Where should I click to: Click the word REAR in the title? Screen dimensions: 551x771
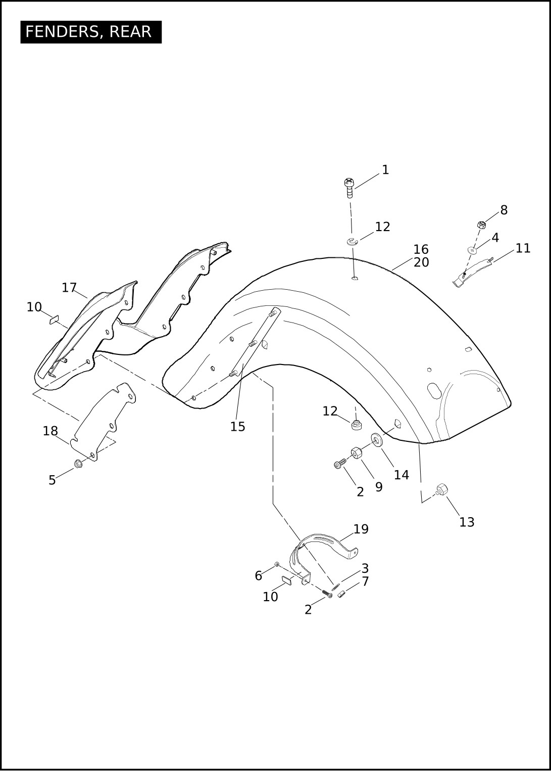130,32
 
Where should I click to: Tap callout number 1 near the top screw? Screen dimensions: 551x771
385,170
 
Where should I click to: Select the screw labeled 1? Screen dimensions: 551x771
349,188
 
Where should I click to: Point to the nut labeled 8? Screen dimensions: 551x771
482,225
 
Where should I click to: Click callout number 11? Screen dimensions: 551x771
523,248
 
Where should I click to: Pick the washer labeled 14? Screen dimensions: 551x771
378,440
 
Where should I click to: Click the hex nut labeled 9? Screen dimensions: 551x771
356,453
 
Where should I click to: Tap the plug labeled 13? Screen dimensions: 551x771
441,488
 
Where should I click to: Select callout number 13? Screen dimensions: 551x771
467,522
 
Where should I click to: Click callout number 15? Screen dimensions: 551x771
237,427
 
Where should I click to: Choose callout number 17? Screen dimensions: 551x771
69,287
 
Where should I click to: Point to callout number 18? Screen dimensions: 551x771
50,431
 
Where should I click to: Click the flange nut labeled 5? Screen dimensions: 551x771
78,464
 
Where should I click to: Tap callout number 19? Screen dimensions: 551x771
361,529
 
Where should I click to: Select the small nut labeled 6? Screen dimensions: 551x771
277,564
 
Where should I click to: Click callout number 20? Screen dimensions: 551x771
421,262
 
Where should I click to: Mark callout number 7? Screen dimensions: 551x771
365,581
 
